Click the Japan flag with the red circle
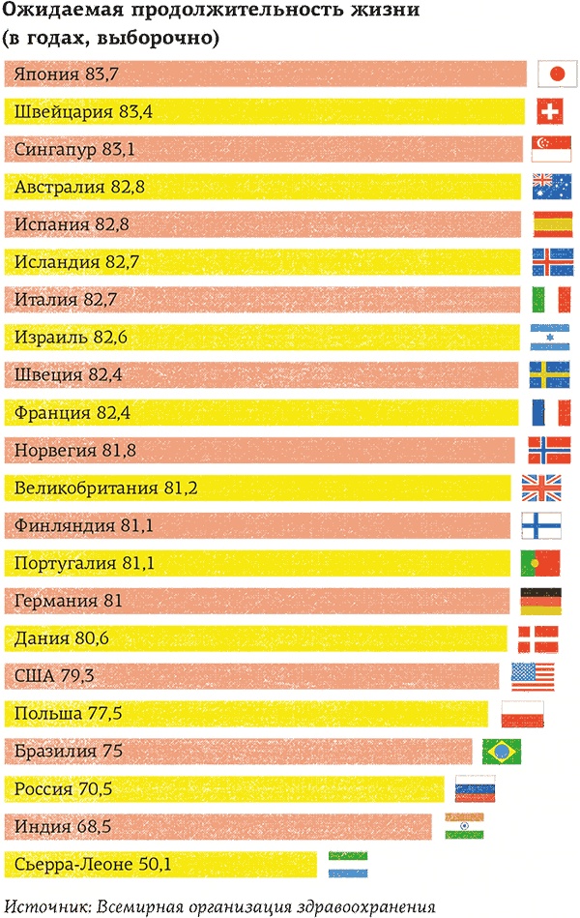point(556,74)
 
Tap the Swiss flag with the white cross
point(550,111)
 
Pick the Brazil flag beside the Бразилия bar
point(502,751)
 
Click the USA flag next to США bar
point(533,675)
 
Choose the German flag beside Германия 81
point(541,601)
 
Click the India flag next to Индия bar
point(465,825)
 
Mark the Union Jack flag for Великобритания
point(541,488)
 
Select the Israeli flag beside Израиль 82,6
point(550,337)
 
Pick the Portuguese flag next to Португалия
point(541,562)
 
